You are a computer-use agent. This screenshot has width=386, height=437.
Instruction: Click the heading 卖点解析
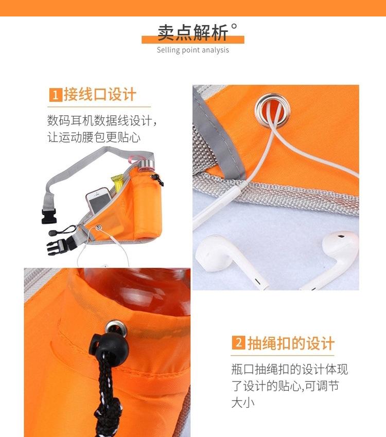[x=192, y=33]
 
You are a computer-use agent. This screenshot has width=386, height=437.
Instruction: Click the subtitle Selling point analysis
[x=192, y=50]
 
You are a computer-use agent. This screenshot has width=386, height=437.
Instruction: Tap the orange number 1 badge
[x=55, y=95]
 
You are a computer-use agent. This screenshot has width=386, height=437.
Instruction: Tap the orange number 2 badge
[x=238, y=343]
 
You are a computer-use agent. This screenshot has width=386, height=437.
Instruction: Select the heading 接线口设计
[x=100, y=95]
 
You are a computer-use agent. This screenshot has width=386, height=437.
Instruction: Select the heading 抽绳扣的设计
[x=291, y=343]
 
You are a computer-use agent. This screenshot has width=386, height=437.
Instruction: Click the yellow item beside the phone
[x=117, y=183]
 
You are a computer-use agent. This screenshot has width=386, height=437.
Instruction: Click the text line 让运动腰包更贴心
[x=94, y=137]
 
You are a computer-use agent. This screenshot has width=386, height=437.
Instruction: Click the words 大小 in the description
[x=243, y=401]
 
